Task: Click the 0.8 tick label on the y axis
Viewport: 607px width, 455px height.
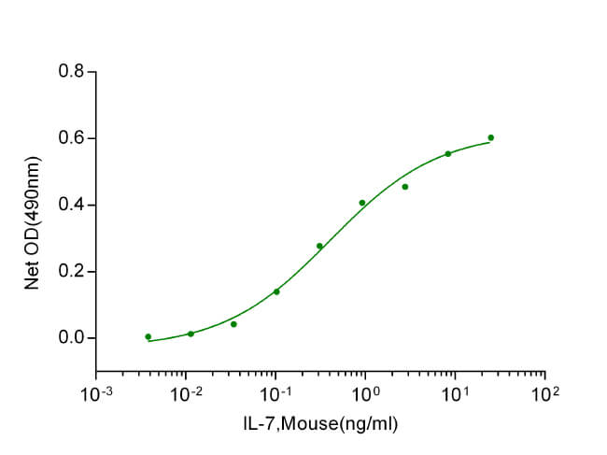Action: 70,72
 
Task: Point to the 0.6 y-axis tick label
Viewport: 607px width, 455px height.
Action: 70,138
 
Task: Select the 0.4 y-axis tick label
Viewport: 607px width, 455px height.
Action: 70,205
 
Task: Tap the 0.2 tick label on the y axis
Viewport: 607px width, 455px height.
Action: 70,272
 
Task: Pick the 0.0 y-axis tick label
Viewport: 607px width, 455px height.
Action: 70,338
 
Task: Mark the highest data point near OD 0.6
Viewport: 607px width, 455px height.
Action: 490,137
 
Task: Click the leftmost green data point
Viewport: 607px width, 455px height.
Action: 148,336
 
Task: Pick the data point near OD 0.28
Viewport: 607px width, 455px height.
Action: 319,247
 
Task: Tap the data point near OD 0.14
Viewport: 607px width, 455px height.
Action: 276,291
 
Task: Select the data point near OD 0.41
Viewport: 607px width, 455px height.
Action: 362,203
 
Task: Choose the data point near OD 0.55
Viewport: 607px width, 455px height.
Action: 447,153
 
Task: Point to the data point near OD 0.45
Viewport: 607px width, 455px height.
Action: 405,187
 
